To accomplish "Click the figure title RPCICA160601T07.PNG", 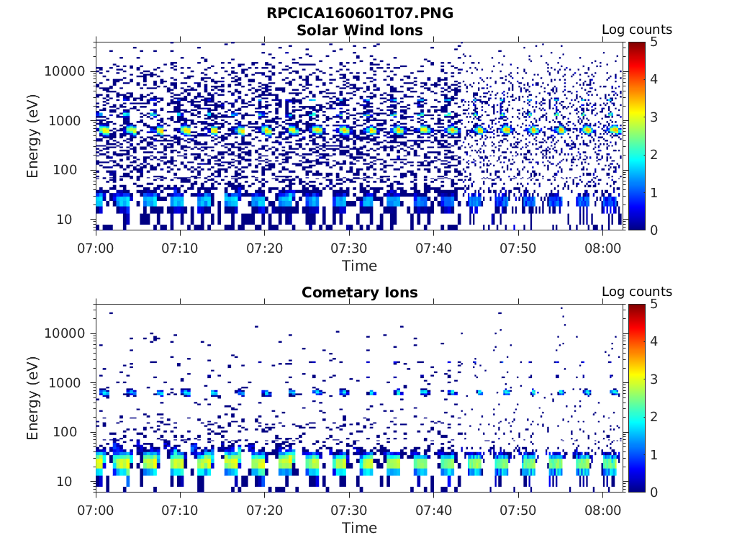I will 360,13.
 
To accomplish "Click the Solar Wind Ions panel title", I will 360,30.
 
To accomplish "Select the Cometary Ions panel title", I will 360,292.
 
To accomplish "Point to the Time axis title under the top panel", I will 360,266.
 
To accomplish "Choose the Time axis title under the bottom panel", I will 360,528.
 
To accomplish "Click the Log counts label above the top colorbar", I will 636,30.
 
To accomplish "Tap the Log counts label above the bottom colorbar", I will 636,292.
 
